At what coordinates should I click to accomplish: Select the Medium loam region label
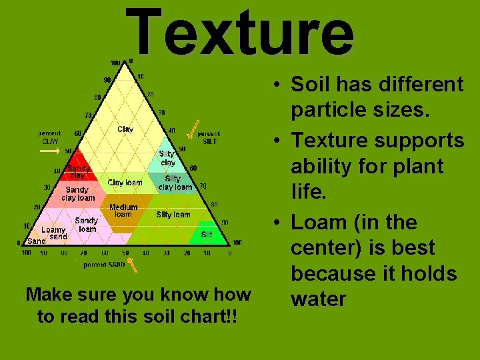pyautogui.click(x=123, y=211)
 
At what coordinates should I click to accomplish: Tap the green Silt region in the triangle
pyautogui.click(x=207, y=235)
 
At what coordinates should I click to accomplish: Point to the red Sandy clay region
pyautogui.click(x=79, y=171)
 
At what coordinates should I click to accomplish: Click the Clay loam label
pyautogui.click(x=125, y=182)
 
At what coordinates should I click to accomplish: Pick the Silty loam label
pyautogui.click(x=173, y=215)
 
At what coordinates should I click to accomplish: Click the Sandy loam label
pyautogui.click(x=87, y=225)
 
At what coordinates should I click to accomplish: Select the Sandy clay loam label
pyautogui.click(x=78, y=194)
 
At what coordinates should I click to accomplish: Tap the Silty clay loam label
pyautogui.click(x=175, y=183)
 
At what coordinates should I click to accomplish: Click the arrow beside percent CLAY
pyautogui.click(x=49, y=151)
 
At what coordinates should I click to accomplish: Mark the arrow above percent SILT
pyautogui.click(x=193, y=130)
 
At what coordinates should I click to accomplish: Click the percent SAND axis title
pyautogui.click(x=104, y=265)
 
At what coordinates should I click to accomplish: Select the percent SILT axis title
pyautogui.click(x=209, y=137)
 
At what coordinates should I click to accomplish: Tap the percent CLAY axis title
pyautogui.click(x=49, y=137)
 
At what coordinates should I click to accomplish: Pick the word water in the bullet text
pyautogui.click(x=319, y=299)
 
